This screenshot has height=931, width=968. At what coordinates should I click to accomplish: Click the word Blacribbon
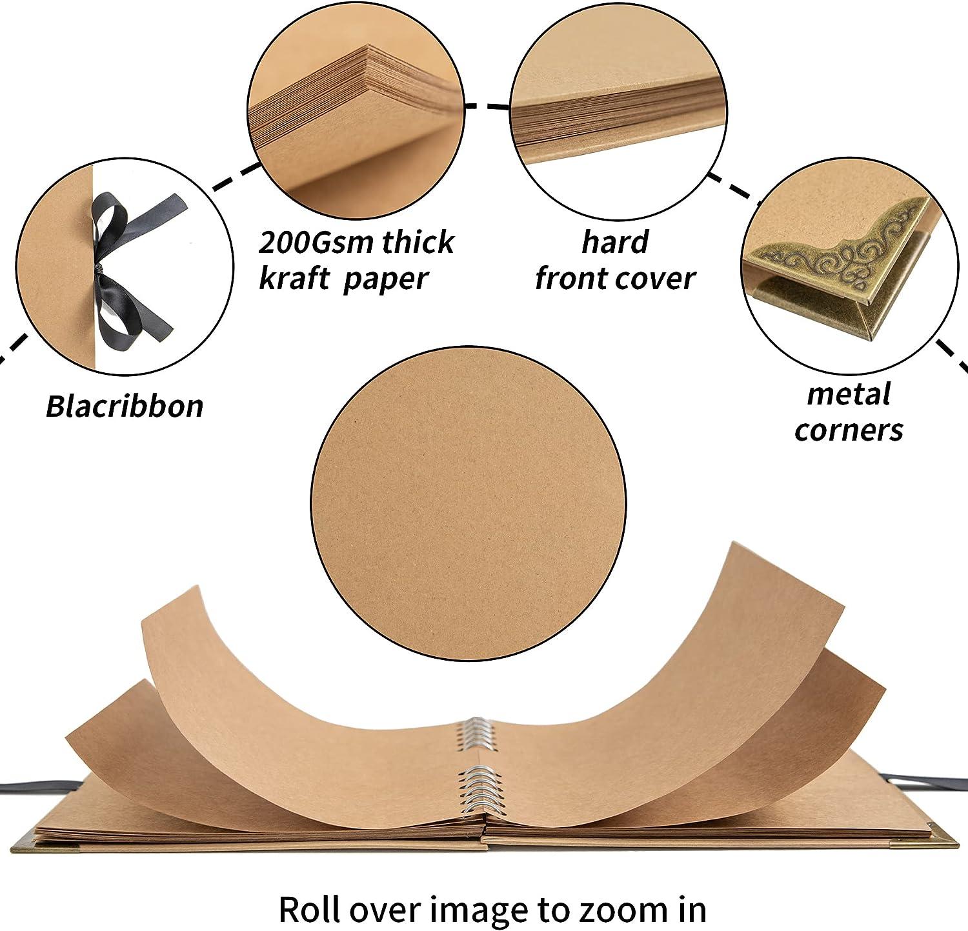(125, 406)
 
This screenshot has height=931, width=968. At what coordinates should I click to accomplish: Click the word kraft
(290, 279)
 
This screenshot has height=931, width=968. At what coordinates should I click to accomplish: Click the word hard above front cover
(614, 242)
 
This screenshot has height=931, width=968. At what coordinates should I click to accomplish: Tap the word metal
(849, 394)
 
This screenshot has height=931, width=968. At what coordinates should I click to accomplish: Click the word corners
(849, 430)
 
